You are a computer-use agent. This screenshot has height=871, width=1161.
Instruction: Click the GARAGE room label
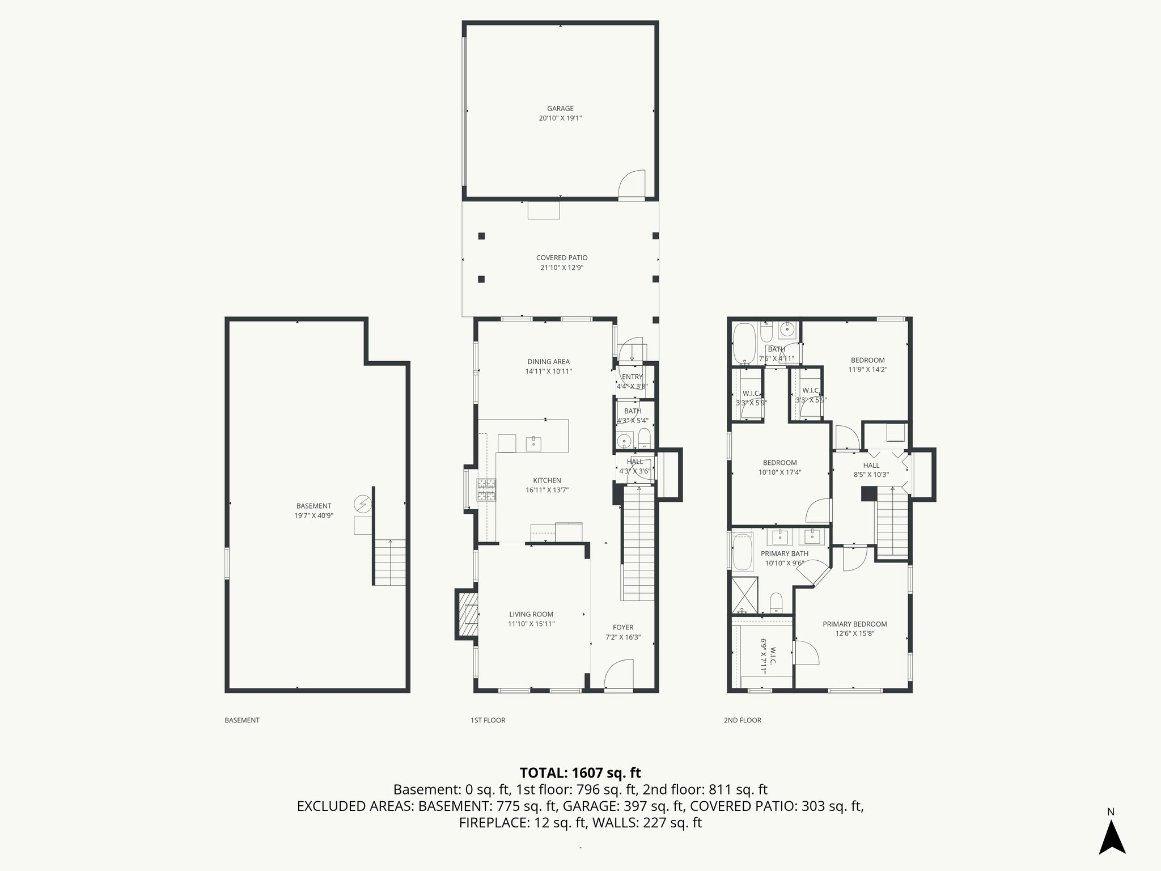[x=560, y=108]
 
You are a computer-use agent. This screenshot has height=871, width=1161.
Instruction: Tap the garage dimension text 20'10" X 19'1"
[x=560, y=119]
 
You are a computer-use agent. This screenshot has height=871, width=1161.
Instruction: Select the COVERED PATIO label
[x=562, y=258]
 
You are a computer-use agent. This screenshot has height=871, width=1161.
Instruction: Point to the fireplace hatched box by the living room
[x=466, y=614]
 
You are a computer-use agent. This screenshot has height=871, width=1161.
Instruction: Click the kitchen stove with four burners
[x=486, y=490]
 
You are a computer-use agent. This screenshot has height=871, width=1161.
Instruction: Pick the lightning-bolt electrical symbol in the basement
[x=362, y=504]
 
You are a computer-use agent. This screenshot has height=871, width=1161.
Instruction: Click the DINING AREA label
[x=548, y=362]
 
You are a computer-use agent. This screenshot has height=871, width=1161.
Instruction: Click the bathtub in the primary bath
[x=741, y=550]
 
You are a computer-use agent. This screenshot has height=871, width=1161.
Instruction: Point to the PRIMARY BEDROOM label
[x=855, y=624]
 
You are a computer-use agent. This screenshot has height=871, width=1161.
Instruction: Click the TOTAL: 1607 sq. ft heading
[x=580, y=773]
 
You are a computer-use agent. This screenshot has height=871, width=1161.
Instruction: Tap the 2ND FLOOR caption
[x=742, y=720]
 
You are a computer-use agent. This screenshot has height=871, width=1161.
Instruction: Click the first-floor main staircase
[x=639, y=544]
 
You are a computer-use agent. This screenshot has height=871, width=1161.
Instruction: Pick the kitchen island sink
[x=533, y=443]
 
